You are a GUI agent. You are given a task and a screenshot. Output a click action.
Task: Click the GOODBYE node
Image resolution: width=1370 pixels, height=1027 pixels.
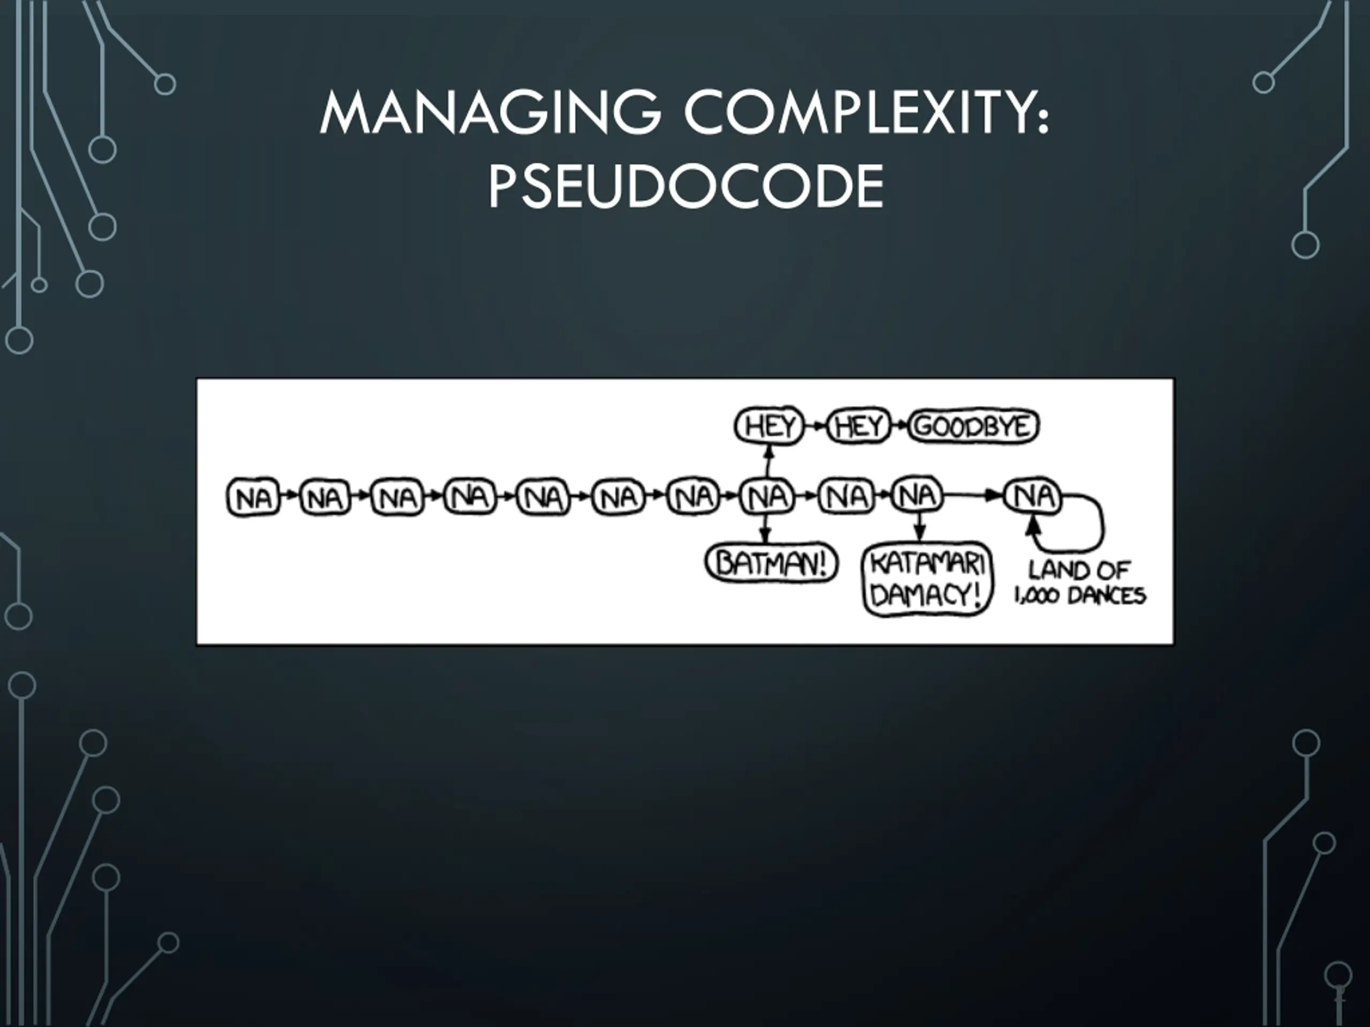click(973, 426)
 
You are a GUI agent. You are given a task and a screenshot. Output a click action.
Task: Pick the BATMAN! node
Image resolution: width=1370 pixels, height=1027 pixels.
click(771, 563)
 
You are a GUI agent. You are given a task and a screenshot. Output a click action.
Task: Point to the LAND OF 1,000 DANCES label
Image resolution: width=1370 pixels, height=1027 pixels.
click(1079, 583)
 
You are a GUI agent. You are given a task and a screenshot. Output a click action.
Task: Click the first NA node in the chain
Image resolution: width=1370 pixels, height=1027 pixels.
click(253, 497)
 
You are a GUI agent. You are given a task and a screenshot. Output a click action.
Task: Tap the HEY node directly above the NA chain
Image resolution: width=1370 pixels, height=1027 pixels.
click(768, 426)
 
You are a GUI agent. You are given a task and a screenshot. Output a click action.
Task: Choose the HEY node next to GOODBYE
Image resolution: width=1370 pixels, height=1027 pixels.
click(858, 426)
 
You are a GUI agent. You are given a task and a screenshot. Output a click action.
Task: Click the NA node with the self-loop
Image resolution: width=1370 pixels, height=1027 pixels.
click(1032, 496)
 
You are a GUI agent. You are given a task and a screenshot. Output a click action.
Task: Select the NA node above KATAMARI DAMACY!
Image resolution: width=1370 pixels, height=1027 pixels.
click(918, 496)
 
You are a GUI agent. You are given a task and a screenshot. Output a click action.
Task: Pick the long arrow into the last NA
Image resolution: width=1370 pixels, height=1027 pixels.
click(972, 495)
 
